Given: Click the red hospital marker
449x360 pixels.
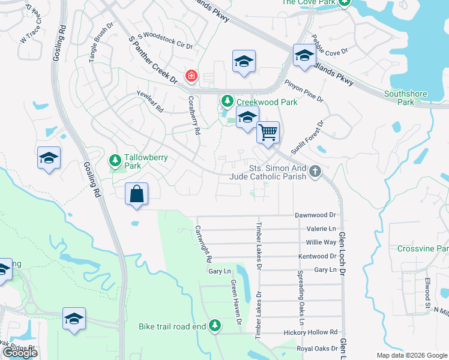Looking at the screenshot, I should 191,76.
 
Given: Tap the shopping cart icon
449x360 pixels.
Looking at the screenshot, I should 268,131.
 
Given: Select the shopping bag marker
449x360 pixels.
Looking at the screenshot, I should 137,194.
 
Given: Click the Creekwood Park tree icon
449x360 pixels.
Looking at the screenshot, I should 227,100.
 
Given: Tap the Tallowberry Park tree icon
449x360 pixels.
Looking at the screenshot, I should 115,161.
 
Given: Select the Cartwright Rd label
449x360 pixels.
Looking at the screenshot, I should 202,244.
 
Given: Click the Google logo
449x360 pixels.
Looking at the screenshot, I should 20,353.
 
